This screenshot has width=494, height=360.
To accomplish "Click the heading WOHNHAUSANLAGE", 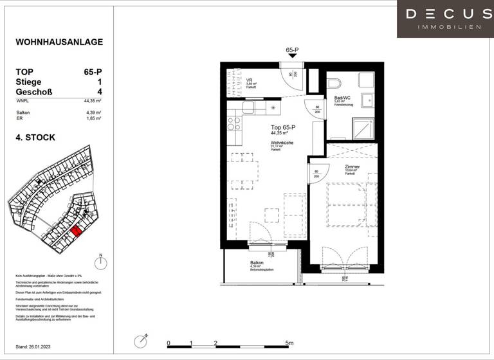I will click(x=59, y=42).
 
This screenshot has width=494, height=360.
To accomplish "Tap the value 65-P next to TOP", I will click(x=93, y=73).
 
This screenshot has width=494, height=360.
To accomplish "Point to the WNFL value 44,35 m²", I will click(x=93, y=101).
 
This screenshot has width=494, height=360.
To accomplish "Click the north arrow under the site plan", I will click(x=100, y=264).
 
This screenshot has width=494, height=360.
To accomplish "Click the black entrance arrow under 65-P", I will click(x=293, y=57).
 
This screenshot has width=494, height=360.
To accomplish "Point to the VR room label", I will click(x=250, y=80).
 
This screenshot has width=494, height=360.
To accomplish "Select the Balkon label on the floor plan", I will click(x=257, y=264).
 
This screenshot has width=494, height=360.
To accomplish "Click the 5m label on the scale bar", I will click(x=289, y=343).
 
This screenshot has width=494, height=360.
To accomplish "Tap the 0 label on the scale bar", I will click(x=168, y=343).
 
